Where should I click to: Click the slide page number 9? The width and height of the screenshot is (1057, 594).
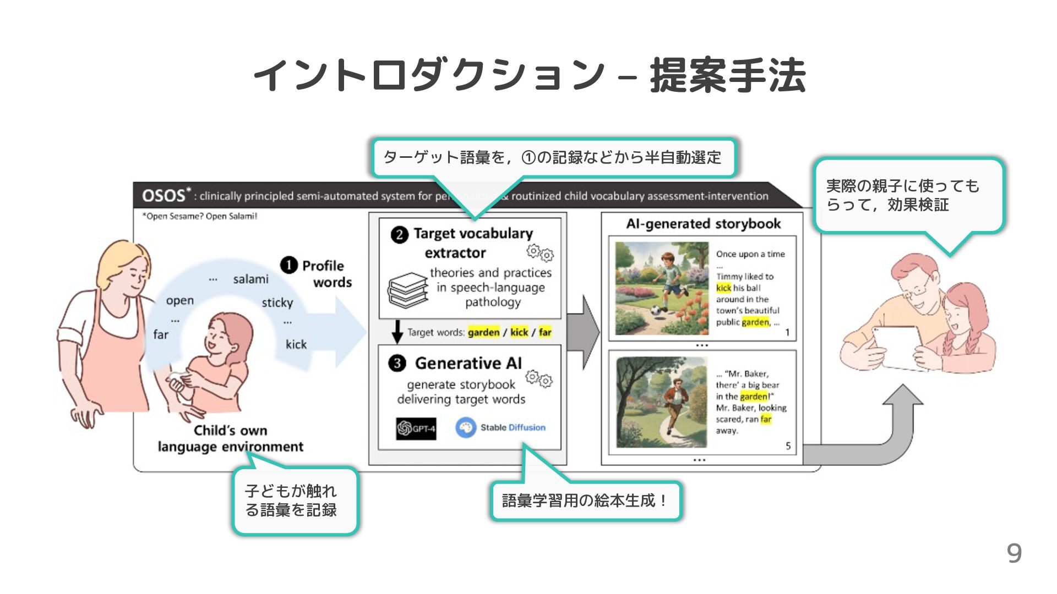click(x=1014, y=553)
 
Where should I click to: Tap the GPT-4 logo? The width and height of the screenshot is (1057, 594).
click(x=416, y=428)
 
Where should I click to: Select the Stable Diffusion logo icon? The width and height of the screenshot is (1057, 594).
click(x=466, y=427)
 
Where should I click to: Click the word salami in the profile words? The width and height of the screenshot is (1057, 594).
click(x=250, y=279)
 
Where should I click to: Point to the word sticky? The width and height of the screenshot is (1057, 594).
click(x=277, y=302)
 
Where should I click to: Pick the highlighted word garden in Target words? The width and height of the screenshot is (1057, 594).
click(x=483, y=332)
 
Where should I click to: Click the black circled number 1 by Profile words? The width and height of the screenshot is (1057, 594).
click(x=289, y=266)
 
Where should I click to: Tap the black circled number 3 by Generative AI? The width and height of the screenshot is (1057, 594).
click(x=397, y=364)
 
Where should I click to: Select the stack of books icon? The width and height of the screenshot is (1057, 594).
click(x=407, y=290)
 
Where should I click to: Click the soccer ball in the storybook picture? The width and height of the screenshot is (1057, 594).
click(x=656, y=310)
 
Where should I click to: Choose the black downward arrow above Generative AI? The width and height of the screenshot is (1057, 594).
click(x=397, y=331)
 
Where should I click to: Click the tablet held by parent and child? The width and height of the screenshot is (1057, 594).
click(x=895, y=346)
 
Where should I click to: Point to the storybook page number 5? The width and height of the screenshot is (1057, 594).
click(x=788, y=446)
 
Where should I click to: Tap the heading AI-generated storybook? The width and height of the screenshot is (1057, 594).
click(x=703, y=224)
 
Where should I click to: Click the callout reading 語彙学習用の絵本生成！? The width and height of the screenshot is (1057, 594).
click(x=585, y=501)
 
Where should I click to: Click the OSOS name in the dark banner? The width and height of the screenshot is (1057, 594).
click(x=164, y=196)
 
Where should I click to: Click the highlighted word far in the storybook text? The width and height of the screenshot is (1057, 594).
click(x=766, y=419)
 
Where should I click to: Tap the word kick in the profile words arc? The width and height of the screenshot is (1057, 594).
click(x=296, y=344)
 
